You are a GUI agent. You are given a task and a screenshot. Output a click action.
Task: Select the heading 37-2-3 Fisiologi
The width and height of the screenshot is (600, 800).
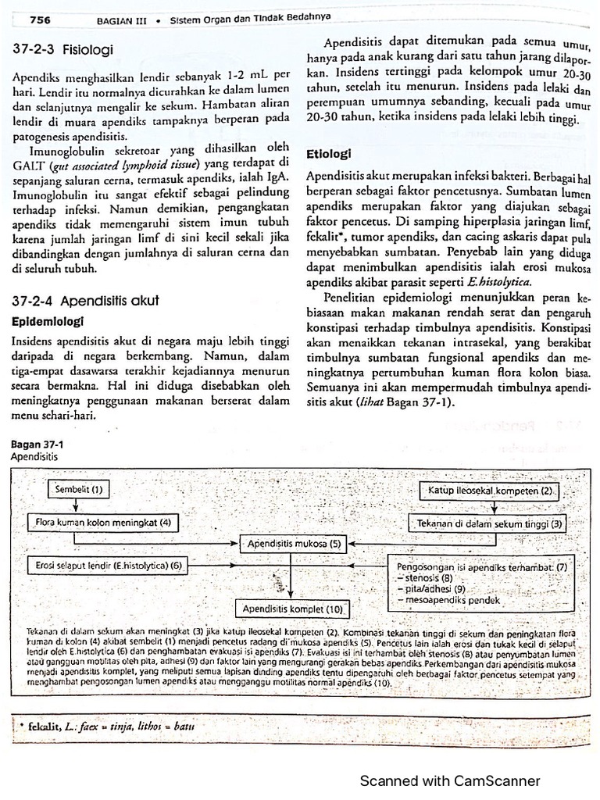pos(63,50)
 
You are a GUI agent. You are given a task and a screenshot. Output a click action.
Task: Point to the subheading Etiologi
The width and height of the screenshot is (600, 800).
pos(328,154)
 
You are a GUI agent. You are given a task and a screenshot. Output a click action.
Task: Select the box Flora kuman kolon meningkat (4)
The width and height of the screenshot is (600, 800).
pos(102,520)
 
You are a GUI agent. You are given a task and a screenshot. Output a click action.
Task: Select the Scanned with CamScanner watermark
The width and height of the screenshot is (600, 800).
pos(449,780)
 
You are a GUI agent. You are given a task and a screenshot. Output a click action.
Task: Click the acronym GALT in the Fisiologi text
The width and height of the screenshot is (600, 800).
pos(28,165)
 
